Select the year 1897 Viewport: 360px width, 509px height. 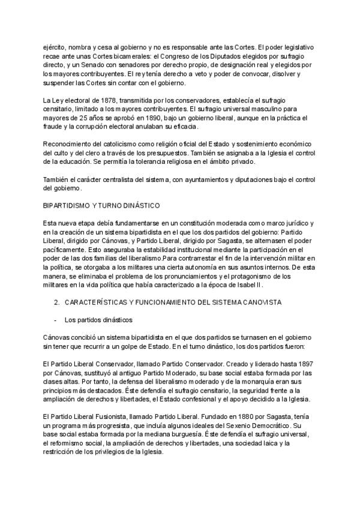pyautogui.click(x=303, y=364)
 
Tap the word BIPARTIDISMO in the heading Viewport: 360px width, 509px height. pyautogui.click(x=68, y=205)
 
